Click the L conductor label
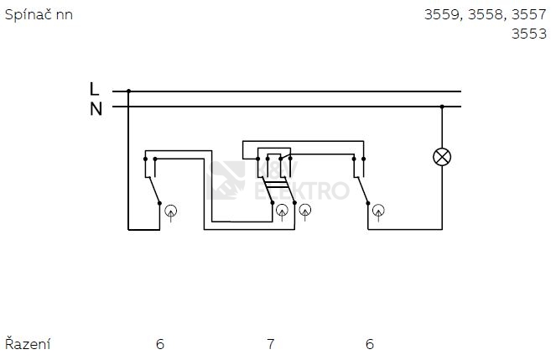pos(95,88)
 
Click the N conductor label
pos(96,108)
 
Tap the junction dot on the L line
pos(128,91)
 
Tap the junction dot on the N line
pos(442,107)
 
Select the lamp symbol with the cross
pos(442,157)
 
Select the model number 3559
pos(442,15)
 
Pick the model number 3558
pos(485,15)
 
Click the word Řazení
pos(28,343)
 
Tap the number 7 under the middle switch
pos(269,343)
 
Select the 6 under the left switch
pos(159,343)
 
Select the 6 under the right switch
pos(369,343)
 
